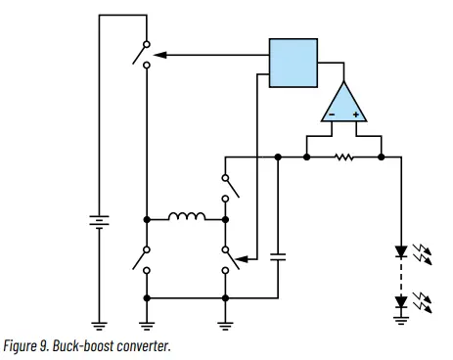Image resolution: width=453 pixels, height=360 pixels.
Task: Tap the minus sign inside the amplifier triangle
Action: pos(332,114)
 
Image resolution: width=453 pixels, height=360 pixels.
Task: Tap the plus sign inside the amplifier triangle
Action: pos(356,114)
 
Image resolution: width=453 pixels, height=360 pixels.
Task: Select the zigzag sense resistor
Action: pos(343,157)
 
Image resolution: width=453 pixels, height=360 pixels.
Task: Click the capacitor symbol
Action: pos(279,257)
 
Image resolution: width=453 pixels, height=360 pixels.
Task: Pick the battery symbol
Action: pos(99,221)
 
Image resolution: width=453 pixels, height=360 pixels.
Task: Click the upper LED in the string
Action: pos(400,251)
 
